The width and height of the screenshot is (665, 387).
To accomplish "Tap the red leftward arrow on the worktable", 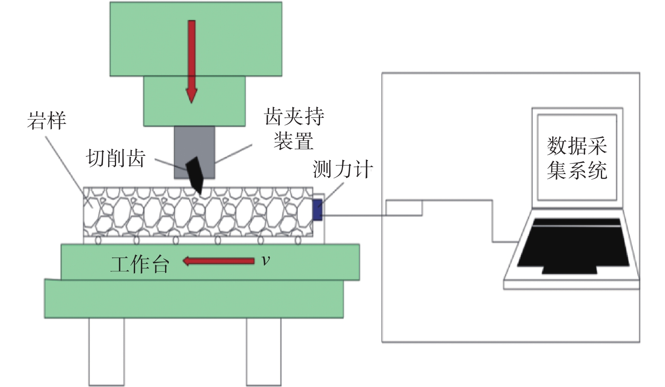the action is [219, 262].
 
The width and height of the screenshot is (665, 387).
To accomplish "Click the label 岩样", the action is [46, 121].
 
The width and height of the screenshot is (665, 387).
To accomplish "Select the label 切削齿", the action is [116, 158].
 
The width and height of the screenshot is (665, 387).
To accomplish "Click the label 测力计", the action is [342, 169].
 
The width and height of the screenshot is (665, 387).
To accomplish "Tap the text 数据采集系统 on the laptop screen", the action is [577, 158].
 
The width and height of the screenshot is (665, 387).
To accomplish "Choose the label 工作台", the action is [140, 264].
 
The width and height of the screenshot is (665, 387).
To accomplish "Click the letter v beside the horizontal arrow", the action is [266, 261].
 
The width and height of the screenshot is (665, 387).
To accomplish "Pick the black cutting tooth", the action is [195, 175].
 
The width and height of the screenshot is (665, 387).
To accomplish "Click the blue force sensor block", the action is [318, 210].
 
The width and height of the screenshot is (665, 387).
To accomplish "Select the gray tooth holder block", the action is [195, 153].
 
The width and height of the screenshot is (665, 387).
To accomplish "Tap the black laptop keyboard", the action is [573, 245].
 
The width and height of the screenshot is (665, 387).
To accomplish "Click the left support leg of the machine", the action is [106, 352].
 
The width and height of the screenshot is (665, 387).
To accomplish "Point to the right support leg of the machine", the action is [263, 352].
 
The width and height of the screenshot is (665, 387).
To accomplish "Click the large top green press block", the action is [196, 39].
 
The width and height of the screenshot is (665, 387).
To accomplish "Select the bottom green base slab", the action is [194, 299].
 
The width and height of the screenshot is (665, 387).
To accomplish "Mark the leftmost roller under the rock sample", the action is [98, 240].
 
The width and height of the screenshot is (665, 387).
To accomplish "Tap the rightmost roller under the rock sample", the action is [298, 240].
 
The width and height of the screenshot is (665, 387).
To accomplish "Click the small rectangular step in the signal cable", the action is [404, 208].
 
